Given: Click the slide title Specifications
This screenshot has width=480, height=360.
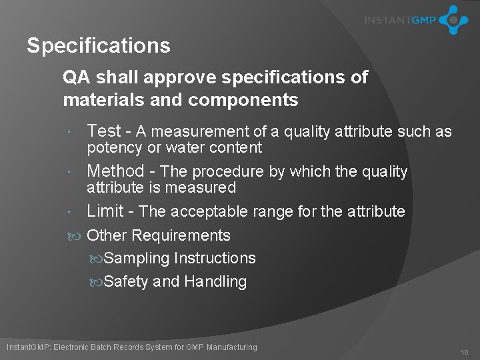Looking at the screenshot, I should point(99,46).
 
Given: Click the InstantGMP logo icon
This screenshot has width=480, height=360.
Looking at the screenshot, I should point(453,20).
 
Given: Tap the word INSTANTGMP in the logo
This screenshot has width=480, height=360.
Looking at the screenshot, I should point(399,20).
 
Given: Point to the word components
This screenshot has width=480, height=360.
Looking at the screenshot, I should point(243,100).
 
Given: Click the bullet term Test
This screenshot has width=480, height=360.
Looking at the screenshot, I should point(104,131).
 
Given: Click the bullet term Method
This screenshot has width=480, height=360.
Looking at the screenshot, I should point(115,171).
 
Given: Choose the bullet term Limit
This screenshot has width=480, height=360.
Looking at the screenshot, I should point(105,211).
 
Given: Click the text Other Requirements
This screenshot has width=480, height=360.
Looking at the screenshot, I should point(159,235).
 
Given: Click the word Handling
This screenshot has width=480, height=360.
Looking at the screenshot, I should point(215,282).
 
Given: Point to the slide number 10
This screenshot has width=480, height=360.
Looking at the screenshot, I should point(464,352).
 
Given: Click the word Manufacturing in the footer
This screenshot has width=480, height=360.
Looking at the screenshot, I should point(231,347).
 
